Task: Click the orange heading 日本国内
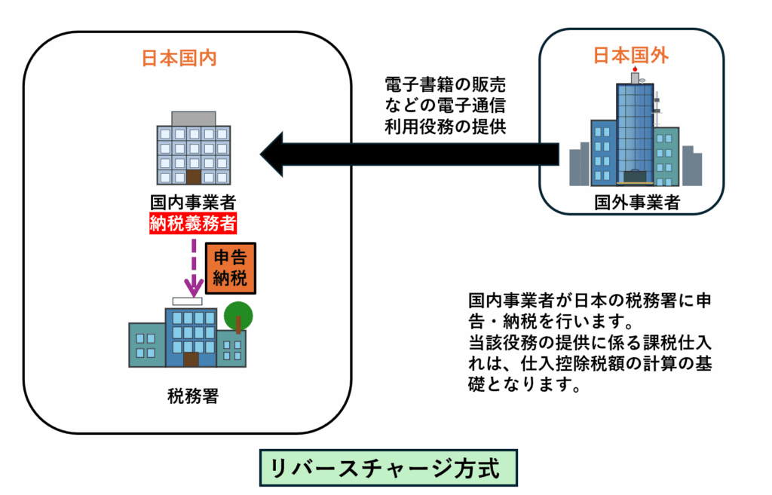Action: pos(179,58)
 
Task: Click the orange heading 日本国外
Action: pos(632,54)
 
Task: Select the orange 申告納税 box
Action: pos(231,267)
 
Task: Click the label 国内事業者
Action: pos(193,203)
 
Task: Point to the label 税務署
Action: pos(193,395)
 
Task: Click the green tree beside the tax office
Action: pos(238,314)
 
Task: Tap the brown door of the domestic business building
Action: pos(194,178)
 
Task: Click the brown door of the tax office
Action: pos(191,358)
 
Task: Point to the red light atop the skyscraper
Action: pos(636,70)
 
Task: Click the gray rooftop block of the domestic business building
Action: pos(194,118)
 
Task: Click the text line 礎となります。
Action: pos(523,385)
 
